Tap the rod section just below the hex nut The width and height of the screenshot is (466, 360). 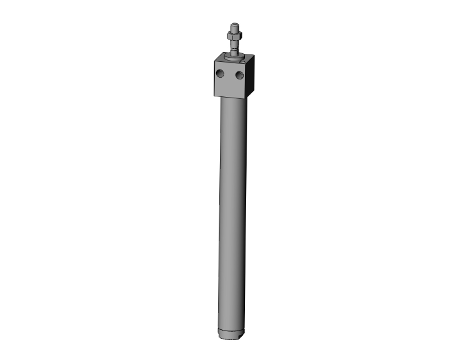point(234,44)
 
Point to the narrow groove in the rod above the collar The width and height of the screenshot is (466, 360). point(234,51)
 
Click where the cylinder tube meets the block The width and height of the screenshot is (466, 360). point(233,100)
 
